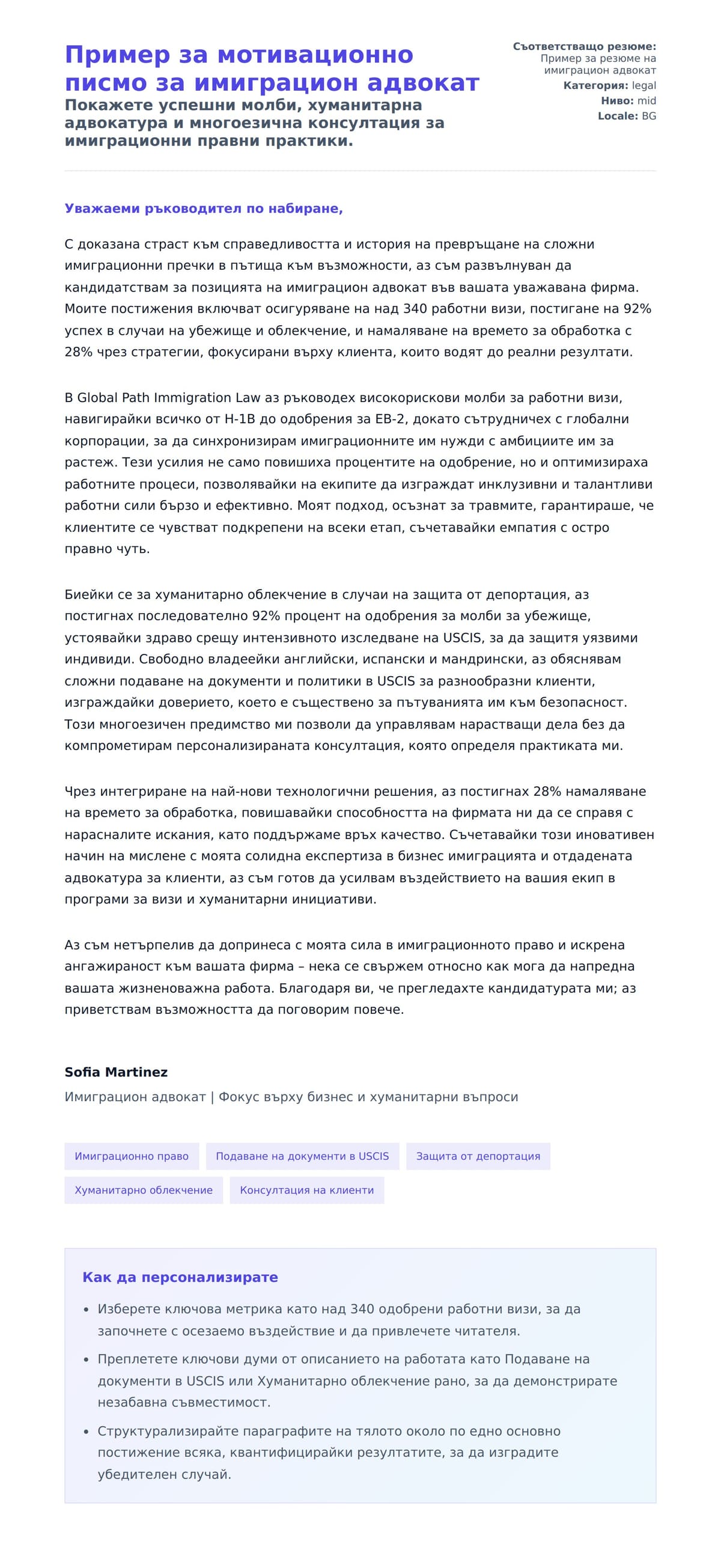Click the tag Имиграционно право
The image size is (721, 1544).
click(132, 1156)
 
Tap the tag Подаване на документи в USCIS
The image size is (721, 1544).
click(302, 1156)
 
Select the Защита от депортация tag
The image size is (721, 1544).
click(478, 1156)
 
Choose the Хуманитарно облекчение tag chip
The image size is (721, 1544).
click(144, 1189)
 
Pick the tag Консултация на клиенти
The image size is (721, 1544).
click(306, 1189)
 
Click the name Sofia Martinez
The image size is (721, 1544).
click(116, 1072)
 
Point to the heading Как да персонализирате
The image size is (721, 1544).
click(180, 1277)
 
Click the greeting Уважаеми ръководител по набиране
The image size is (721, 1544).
click(203, 209)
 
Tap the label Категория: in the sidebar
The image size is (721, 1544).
click(595, 85)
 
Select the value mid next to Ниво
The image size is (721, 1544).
click(646, 100)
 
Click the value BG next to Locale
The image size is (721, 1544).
click(649, 115)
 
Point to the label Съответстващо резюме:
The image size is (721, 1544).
click(584, 46)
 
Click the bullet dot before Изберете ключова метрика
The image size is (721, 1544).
click(86, 1309)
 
